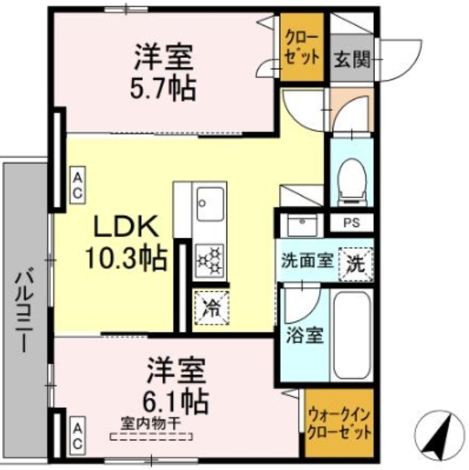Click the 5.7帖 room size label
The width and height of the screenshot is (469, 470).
pyautogui.click(x=165, y=89)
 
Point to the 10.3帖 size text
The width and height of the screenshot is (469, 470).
pyautogui.click(x=123, y=257)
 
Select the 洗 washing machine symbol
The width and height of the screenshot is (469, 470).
pyautogui.click(x=357, y=263)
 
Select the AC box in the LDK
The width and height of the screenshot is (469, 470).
pyautogui.click(x=76, y=184)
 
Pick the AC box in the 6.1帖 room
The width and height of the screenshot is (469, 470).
pyautogui.click(x=76, y=430)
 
